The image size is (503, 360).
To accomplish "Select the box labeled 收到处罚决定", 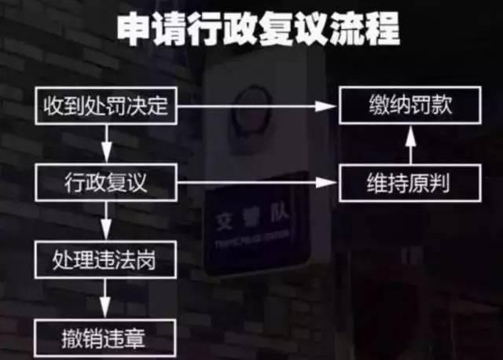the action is tap(106, 107).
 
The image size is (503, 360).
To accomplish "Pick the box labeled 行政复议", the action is tap(106, 183).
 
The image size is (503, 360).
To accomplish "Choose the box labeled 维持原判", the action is tap(409, 183).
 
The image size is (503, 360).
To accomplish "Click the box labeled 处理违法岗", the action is tap(106, 259).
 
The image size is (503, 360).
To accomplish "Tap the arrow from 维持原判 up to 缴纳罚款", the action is tap(409, 145).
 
